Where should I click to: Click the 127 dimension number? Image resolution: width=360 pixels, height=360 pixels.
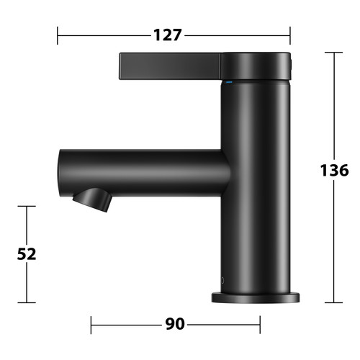click(167, 35)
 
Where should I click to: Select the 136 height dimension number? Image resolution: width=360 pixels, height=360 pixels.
click(334, 170)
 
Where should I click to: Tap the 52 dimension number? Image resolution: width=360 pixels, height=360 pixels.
click(27, 254)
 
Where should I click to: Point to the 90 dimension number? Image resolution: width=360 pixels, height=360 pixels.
click(175, 324)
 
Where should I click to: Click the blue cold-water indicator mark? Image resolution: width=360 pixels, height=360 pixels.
click(229, 82)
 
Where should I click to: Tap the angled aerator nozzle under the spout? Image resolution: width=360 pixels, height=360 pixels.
click(92, 199)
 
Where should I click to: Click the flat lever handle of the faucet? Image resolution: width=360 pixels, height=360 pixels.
click(170, 66)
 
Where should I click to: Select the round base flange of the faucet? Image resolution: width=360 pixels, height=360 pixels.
click(256, 297)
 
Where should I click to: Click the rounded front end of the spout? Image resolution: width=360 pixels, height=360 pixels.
click(60, 173)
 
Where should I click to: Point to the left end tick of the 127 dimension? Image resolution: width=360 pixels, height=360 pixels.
click(58, 35)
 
